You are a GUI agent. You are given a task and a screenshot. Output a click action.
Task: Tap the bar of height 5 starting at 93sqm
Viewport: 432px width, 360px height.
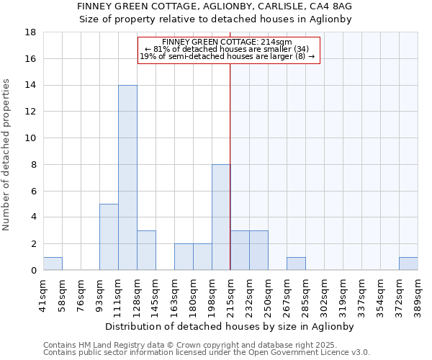[x=109, y=237]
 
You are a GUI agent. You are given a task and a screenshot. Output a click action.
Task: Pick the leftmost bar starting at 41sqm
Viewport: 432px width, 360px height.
[x=53, y=264]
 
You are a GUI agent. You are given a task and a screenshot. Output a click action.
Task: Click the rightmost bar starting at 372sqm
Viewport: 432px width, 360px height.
[x=408, y=264]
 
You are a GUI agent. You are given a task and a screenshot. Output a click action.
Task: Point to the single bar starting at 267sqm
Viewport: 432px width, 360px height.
[x=296, y=264]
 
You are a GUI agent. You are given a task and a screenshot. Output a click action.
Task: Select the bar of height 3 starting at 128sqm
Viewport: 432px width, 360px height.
[x=146, y=251]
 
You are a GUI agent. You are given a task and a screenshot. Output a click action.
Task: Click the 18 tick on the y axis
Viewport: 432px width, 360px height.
[x=31, y=32]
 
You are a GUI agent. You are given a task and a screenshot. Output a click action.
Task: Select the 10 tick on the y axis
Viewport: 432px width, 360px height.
[x=31, y=138]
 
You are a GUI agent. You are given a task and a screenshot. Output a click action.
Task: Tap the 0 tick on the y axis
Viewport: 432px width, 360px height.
[x=34, y=271]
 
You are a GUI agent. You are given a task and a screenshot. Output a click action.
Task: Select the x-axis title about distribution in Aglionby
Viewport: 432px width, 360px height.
[x=230, y=326]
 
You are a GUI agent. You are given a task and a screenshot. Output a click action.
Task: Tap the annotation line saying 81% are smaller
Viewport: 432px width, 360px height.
[x=227, y=49]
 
